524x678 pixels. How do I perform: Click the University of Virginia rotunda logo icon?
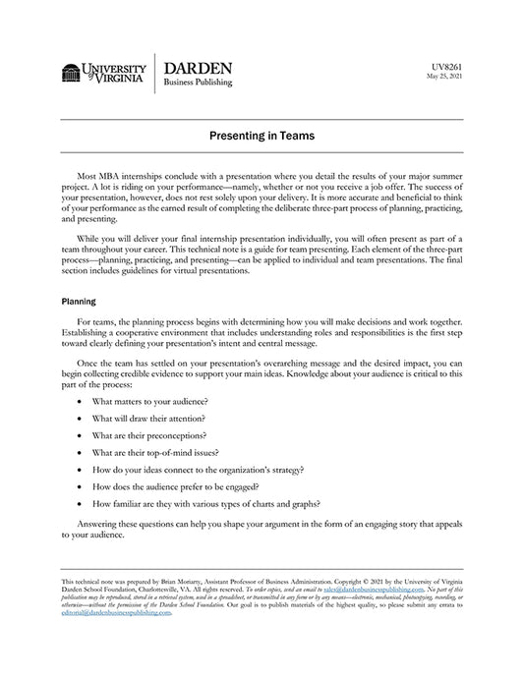click(71, 73)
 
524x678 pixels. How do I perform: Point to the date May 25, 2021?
click(443, 76)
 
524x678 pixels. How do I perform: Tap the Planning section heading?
click(81, 302)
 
